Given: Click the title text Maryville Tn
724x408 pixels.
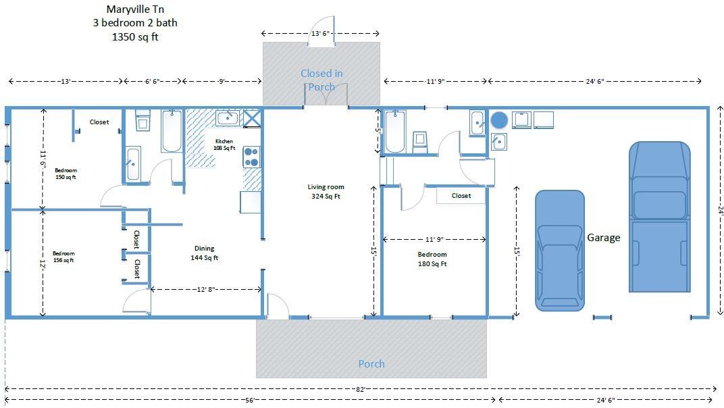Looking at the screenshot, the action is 135,9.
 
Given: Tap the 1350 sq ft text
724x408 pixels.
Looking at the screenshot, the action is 135,37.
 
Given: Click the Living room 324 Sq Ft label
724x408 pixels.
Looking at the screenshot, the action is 326,191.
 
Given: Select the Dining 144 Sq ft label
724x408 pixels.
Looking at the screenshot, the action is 205,253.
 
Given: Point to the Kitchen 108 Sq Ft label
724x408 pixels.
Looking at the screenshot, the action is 224,145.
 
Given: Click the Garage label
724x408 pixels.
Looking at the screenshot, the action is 604,238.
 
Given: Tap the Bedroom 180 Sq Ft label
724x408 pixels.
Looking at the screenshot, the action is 432,259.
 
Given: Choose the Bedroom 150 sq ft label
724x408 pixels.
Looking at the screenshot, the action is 66,174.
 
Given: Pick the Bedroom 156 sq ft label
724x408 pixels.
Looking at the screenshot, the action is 63,257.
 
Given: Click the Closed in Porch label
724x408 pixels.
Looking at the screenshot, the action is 322,80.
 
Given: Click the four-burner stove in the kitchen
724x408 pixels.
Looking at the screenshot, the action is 252,157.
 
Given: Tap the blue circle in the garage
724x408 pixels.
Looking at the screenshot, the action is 498,120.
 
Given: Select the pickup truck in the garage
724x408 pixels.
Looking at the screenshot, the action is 659,217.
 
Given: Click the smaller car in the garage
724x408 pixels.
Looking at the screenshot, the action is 560,251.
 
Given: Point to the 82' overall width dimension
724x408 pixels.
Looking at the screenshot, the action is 361,389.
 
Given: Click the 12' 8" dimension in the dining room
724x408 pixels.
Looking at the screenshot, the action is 206,290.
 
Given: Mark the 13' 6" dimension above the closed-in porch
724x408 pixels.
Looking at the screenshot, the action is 320,33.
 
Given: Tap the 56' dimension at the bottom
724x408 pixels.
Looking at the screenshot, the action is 250,400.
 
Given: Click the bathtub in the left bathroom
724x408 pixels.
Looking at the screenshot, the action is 172,131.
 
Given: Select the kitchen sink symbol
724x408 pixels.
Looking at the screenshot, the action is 228,118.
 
